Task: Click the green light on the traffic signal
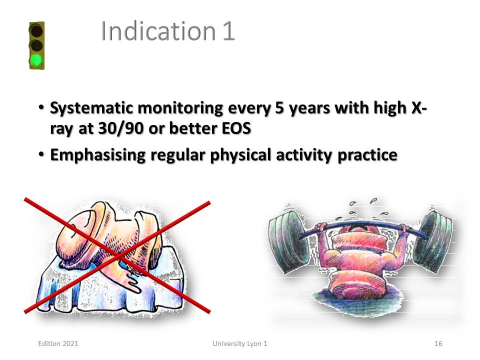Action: [36, 60]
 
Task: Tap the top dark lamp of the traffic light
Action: [36, 31]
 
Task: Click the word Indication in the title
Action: [158, 31]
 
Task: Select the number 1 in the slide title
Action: [228, 31]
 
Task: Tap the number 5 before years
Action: [279, 108]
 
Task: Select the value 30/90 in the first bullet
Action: [121, 128]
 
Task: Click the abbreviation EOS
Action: [236, 128]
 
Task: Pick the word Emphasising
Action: [97, 155]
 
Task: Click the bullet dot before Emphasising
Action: [41, 154]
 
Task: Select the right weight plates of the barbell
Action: [433, 241]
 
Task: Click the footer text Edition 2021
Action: [58, 343]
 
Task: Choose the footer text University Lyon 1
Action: [240, 344]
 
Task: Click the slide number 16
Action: [438, 343]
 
